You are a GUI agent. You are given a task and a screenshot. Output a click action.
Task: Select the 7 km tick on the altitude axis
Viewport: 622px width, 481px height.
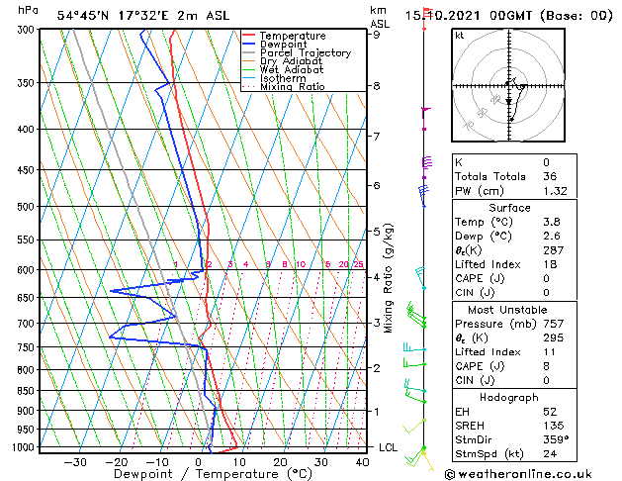(x=376, y=136)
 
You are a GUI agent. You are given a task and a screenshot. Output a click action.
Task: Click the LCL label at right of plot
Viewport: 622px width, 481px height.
(x=389, y=447)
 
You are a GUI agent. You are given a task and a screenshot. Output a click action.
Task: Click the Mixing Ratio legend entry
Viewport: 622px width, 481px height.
(x=292, y=87)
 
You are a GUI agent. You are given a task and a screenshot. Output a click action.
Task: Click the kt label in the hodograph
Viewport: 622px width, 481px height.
(x=459, y=35)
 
